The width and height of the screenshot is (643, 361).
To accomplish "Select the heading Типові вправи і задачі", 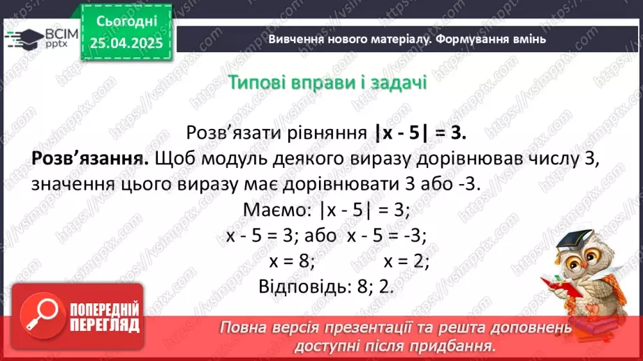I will click(x=327, y=82).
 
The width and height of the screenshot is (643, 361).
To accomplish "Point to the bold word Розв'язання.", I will click(x=90, y=158).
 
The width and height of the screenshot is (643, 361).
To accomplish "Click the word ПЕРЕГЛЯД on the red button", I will click(x=105, y=325).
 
